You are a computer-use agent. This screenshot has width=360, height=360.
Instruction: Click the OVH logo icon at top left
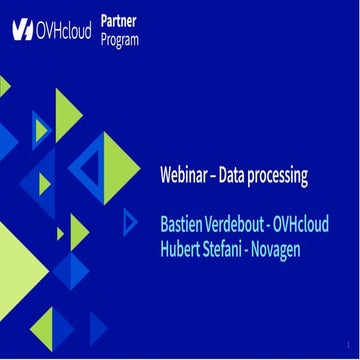pyautogui.click(x=23, y=30)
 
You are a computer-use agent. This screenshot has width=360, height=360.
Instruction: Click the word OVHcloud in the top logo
pyautogui.click(x=64, y=30)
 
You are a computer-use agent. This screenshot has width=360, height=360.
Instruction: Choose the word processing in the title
pyautogui.click(x=284, y=178)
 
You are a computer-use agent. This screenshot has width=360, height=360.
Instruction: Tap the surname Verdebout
pyautogui.click(x=238, y=222)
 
